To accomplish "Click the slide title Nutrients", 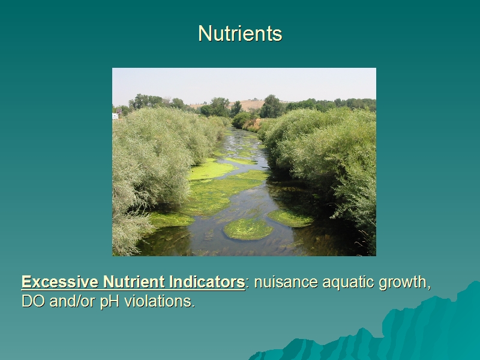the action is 240,33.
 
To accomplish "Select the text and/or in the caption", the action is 72,301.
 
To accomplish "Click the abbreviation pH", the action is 110,302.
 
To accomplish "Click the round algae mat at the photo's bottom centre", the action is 248,229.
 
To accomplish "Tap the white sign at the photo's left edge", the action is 115,116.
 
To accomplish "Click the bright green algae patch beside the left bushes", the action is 211,169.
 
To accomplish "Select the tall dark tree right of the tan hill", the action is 271,107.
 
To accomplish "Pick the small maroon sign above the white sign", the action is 119,111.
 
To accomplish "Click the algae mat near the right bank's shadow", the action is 290,218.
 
